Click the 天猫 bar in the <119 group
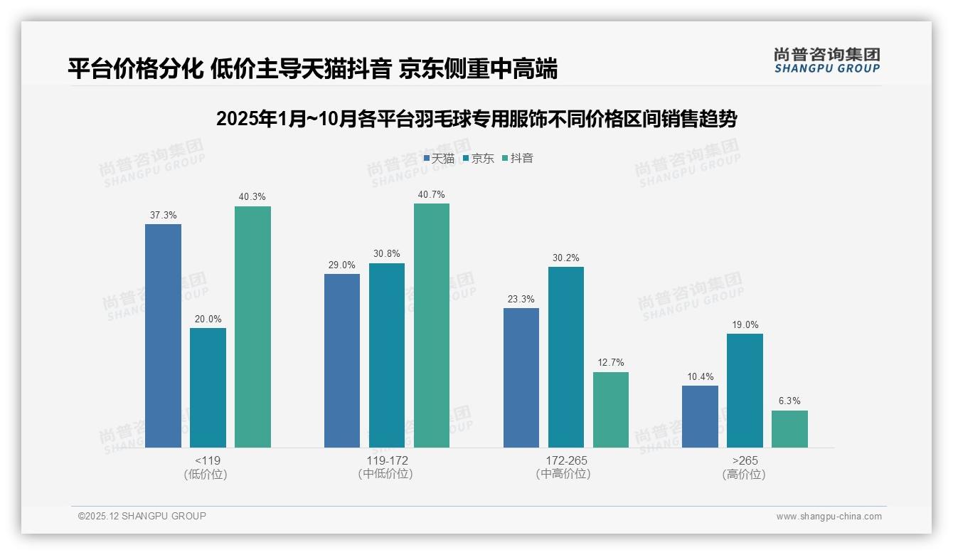163,336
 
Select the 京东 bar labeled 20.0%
208,388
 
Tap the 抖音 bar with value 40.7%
432,325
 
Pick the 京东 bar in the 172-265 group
566,357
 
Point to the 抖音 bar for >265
789,429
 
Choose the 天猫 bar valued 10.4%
700,416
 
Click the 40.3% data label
252,197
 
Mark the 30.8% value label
387,254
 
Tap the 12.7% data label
611,363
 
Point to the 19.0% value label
745,325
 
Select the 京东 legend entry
479,159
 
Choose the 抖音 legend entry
518,159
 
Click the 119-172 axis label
387,460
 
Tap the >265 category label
745,460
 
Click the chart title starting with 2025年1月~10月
477,119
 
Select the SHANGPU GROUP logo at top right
826,60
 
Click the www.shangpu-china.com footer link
829,517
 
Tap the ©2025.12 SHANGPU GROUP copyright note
142,517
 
